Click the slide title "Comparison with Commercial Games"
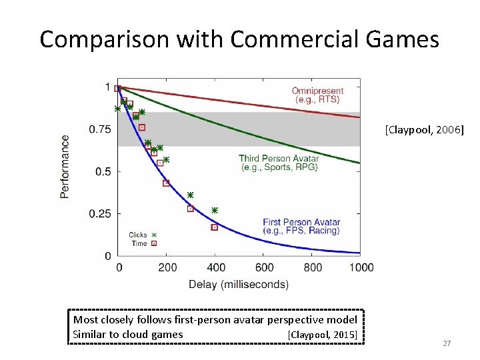(239, 39)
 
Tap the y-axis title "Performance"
(65, 166)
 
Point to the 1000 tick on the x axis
(361, 267)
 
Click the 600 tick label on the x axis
(264, 267)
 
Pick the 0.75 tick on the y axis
(100, 129)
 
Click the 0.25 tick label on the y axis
(100, 214)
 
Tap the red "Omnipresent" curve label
(317, 91)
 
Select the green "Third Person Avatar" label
(279, 159)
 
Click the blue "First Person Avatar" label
(301, 222)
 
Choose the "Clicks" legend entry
(138, 235)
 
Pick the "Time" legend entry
(139, 243)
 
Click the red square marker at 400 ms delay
(215, 227)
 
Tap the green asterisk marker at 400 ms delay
(215, 210)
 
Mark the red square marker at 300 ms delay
(191, 209)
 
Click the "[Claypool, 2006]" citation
(423, 131)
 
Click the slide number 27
(447, 343)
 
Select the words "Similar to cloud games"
(127, 335)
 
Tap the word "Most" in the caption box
(85, 320)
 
